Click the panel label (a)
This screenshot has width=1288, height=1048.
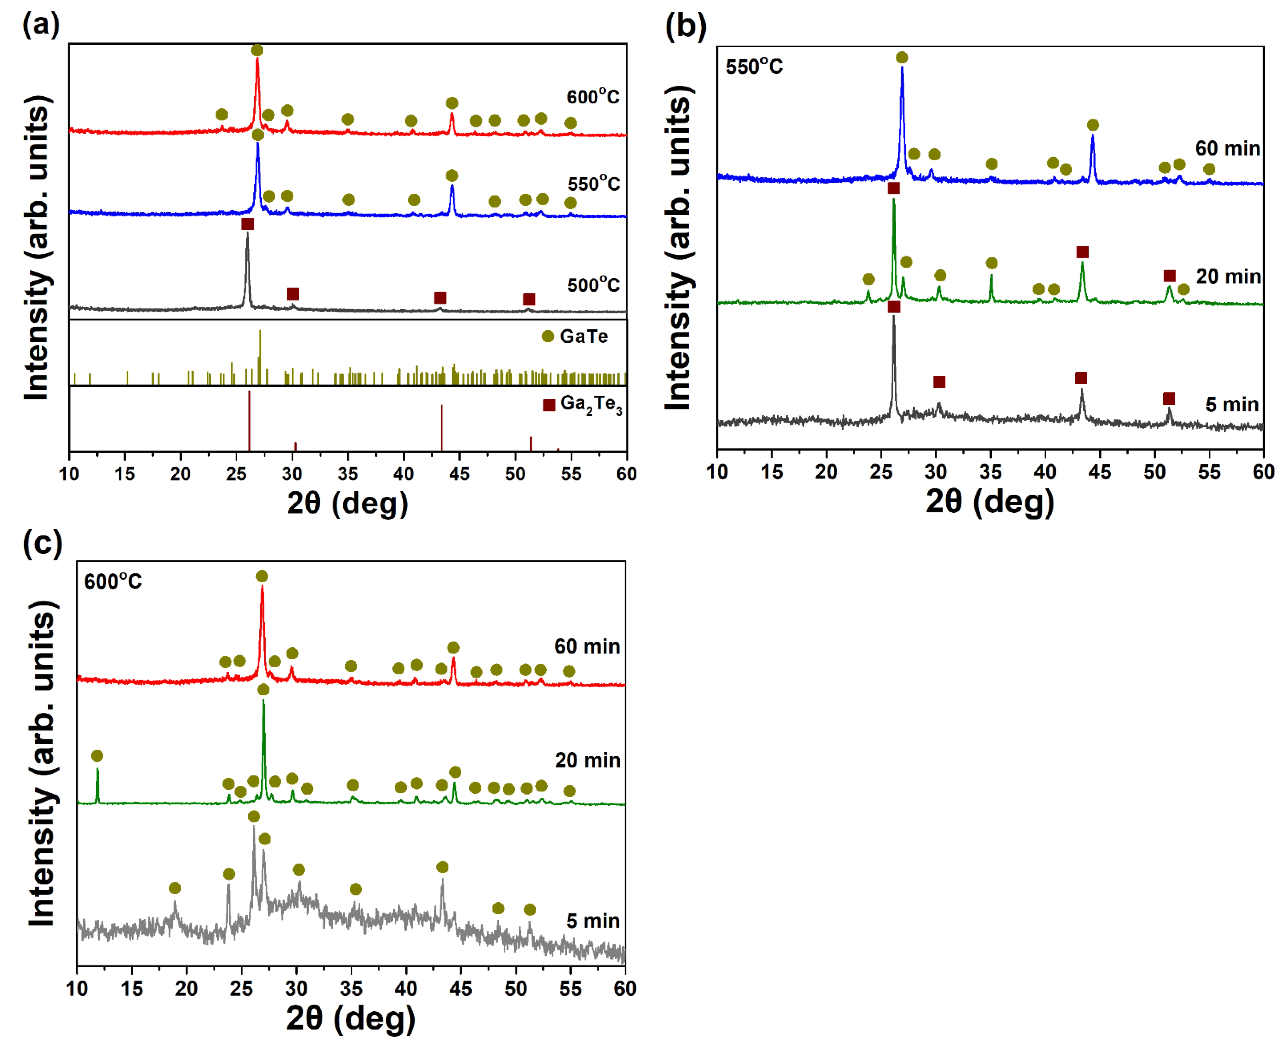[x=41, y=25]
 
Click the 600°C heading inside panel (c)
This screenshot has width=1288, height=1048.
[x=113, y=581]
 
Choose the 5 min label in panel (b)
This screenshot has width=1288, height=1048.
[x=1232, y=404]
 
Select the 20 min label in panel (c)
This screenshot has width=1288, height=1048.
[x=587, y=760]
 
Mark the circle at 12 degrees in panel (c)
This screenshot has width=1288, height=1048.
[x=97, y=756]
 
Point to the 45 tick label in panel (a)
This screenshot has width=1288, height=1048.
[x=459, y=474]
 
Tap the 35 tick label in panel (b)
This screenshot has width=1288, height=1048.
[x=991, y=471]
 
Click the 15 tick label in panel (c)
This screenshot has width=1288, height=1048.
[x=132, y=988]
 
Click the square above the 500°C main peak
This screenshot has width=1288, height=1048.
[x=248, y=224]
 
